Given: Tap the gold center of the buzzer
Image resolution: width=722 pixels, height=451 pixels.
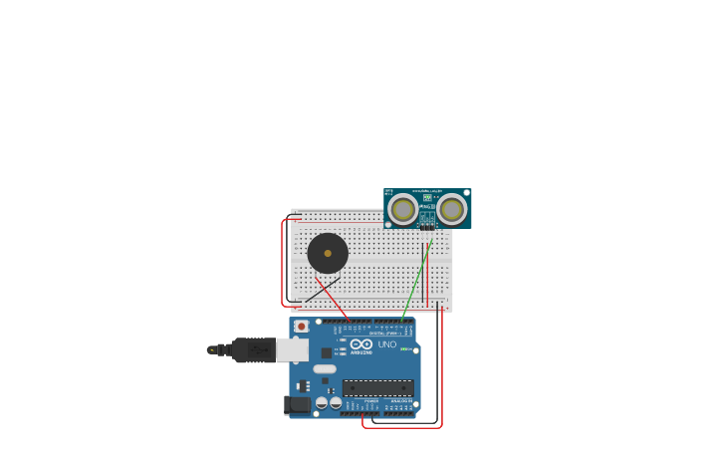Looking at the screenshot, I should click(x=328, y=253).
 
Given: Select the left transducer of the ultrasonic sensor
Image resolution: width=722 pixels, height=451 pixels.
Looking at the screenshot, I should click(x=403, y=209).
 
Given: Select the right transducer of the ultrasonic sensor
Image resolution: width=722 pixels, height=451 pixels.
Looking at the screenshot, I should click(x=451, y=209).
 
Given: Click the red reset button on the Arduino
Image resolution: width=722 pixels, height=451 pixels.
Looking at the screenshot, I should click(x=302, y=326).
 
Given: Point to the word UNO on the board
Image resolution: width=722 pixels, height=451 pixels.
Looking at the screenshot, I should click(x=387, y=344).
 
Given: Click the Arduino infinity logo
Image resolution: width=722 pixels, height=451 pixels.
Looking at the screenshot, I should click(x=361, y=343).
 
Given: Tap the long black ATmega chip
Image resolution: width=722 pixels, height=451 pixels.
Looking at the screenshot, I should click(x=377, y=387).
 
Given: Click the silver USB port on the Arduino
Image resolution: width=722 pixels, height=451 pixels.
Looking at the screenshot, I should click(x=292, y=349).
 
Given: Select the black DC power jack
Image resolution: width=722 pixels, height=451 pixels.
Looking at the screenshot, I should click(x=296, y=404).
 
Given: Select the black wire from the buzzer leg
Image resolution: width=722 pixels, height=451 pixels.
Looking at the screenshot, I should click(x=322, y=290).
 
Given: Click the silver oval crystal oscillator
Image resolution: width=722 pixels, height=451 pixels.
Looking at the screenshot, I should click(x=325, y=368).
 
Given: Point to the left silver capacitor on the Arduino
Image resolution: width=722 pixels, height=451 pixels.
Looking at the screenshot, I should click(x=322, y=403).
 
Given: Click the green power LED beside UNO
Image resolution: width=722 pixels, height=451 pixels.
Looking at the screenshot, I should click(x=404, y=348).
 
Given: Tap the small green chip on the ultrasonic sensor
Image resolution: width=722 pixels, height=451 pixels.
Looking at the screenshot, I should click(x=427, y=198).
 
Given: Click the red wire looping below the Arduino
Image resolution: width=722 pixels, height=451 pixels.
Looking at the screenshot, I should click(x=402, y=427).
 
